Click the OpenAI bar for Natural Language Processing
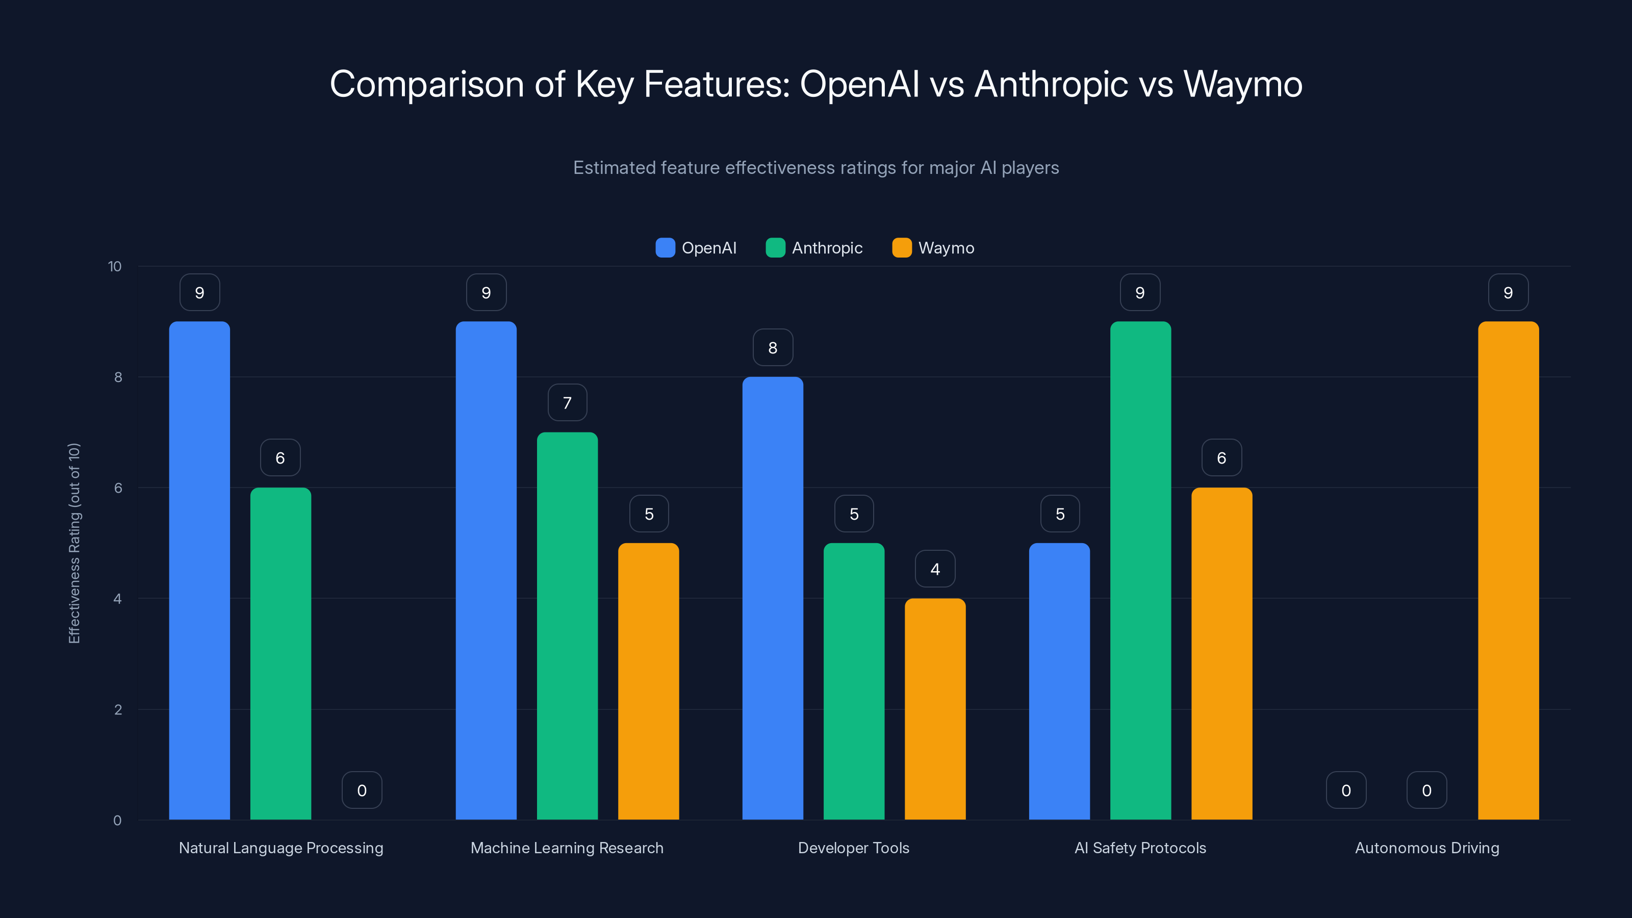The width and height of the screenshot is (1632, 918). pos(199,570)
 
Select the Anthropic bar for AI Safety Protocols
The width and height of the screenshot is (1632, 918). pos(1140,570)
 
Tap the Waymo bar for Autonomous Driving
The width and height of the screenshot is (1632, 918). pos(1508,570)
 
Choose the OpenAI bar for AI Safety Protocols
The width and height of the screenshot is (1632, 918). pos(1059,681)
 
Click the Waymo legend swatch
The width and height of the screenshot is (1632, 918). pos(902,248)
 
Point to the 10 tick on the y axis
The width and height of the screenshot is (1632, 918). pos(115,266)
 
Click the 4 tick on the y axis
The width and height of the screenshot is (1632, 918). pos(117,599)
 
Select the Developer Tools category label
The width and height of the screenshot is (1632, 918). pos(853,848)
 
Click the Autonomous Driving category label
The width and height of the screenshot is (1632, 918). pos(1427,848)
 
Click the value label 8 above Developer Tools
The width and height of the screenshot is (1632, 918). pos(772,347)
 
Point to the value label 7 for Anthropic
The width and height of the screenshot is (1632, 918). pos(567,402)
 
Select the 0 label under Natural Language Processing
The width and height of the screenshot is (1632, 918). pos(362,790)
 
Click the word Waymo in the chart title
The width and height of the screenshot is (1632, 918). pos(1242,84)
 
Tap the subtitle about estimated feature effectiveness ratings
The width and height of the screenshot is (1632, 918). pos(816,167)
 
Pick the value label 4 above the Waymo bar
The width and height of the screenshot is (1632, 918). pos(935,569)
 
